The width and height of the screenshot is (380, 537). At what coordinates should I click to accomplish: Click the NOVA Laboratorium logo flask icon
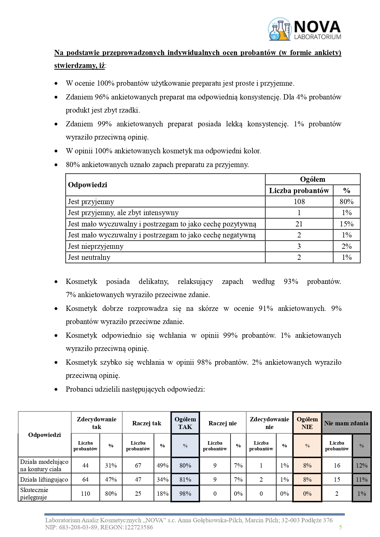coord(279,29)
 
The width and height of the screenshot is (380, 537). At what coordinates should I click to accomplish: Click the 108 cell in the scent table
coord(299,202)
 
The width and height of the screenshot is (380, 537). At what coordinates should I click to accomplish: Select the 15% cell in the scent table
coord(346,224)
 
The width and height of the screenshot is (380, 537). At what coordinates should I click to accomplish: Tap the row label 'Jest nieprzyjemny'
coord(96,246)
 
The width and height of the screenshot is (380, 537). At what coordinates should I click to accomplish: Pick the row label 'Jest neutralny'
coord(89,257)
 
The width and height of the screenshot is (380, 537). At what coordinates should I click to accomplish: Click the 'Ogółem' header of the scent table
coord(312,179)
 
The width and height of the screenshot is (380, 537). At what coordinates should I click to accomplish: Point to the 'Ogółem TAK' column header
coord(185,423)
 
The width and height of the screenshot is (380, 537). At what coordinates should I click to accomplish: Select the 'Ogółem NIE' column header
coord(307,423)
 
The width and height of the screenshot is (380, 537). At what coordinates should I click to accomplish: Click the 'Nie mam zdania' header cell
coord(346,423)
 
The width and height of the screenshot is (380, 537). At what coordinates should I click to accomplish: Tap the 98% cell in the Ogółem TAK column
coord(185,494)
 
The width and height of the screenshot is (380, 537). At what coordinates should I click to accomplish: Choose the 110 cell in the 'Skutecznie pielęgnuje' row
coord(85,494)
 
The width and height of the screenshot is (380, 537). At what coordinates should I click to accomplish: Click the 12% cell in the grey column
coord(361,465)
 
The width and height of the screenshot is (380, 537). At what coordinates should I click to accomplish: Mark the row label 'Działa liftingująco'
coord(44,479)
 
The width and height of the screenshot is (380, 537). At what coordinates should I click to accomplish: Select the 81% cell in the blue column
coord(185,479)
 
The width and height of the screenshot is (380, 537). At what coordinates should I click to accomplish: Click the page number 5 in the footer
coord(340,527)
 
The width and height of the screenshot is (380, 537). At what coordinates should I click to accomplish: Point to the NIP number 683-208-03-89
coord(76,527)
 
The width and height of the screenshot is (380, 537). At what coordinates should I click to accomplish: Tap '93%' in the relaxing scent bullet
coord(291,282)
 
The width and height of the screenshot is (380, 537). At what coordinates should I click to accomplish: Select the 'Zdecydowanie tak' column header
coord(96,423)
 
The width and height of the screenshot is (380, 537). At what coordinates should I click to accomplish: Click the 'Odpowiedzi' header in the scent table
coord(88,185)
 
